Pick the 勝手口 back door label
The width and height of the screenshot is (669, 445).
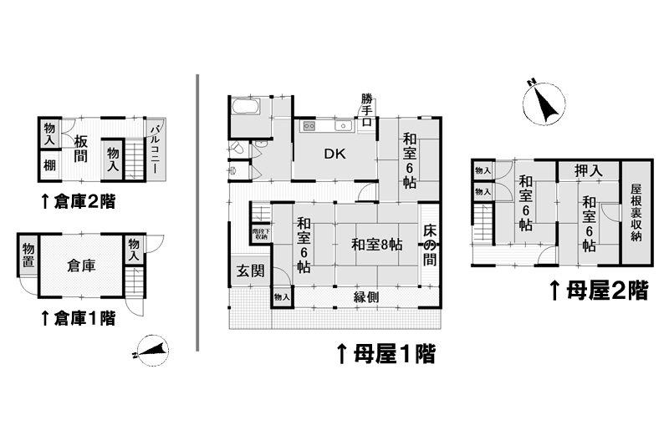[x=366, y=109]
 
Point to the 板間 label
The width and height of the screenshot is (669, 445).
[x=81, y=148]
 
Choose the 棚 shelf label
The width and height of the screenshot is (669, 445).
[x=50, y=164]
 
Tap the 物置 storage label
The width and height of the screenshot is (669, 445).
[x=28, y=256]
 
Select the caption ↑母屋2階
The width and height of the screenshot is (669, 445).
[x=597, y=291]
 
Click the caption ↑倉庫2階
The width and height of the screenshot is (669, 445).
[x=78, y=200]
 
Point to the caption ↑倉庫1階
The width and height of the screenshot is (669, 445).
[x=78, y=318]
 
